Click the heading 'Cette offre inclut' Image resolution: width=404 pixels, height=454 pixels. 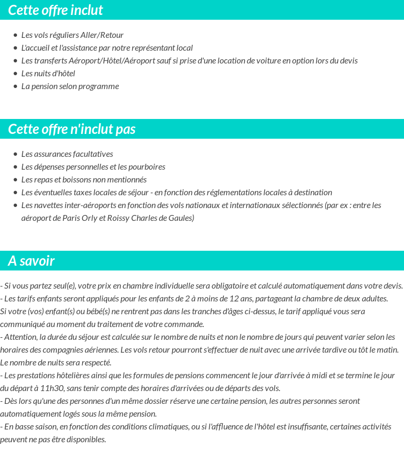(x=55, y=10)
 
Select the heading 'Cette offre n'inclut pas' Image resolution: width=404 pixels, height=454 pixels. (x=72, y=129)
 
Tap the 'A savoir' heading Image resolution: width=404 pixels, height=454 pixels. (x=31, y=261)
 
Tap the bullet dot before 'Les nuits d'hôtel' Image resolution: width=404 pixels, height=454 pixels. (x=15, y=74)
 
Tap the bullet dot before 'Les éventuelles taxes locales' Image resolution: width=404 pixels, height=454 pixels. (x=15, y=193)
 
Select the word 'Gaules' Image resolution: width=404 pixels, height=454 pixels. (x=180, y=218)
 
